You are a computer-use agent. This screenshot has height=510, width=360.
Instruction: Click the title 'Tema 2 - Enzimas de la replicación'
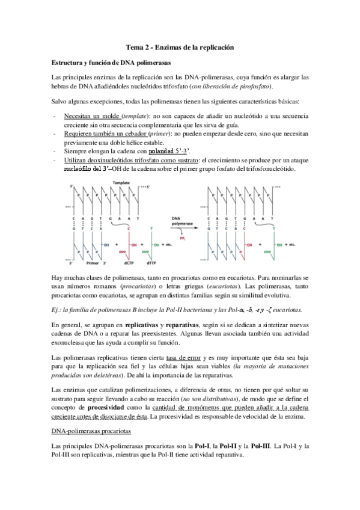(x=180, y=47)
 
